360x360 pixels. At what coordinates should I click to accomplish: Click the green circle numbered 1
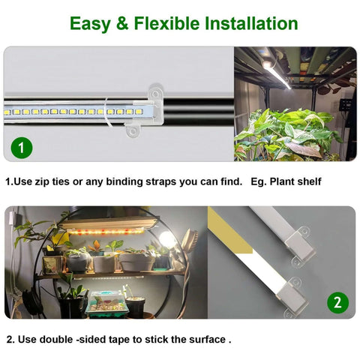click(x=22, y=148)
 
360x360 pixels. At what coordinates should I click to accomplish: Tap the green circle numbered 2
click(x=337, y=303)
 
